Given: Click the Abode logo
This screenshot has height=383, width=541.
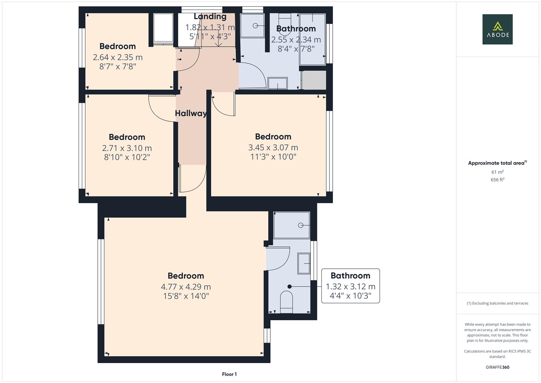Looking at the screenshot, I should pyautogui.click(x=497, y=29).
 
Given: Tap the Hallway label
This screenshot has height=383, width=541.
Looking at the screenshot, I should pyautogui.click(x=191, y=113).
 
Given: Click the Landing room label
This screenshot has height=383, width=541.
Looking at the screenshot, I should pyautogui.click(x=210, y=17).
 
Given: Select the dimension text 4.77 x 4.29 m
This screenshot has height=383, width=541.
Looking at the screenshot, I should pyautogui.click(x=186, y=287).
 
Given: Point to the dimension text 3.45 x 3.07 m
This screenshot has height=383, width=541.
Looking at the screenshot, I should pyautogui.click(x=273, y=148).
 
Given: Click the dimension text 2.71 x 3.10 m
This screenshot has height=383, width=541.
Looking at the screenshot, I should pyautogui.click(x=127, y=148).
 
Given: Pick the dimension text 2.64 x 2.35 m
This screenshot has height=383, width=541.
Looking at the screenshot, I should pyautogui.click(x=118, y=57).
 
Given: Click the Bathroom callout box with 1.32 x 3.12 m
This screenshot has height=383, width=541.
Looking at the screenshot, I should pyautogui.click(x=350, y=286).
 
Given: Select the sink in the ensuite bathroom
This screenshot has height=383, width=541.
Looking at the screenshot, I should pyautogui.click(x=304, y=263).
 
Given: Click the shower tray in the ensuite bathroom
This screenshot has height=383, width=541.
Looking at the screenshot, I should pyautogui.click(x=292, y=225).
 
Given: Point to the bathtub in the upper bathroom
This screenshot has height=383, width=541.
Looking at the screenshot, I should pyautogui.click(x=312, y=39).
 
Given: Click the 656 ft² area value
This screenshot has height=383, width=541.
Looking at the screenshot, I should pyautogui.click(x=497, y=180).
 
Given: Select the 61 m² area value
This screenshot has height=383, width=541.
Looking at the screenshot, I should pyautogui.click(x=497, y=172).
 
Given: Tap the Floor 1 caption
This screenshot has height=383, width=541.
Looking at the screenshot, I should pyautogui.click(x=229, y=374).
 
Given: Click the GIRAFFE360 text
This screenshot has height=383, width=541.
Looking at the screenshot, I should pyautogui.click(x=497, y=367).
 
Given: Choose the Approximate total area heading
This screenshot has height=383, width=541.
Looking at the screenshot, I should pyautogui.click(x=497, y=163).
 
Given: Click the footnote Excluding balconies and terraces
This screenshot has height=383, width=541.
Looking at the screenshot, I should pyautogui.click(x=497, y=303).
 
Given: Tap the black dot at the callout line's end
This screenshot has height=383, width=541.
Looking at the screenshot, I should pyautogui.click(x=289, y=287).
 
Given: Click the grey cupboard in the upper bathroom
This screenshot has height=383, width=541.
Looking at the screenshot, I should pyautogui.click(x=314, y=80).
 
